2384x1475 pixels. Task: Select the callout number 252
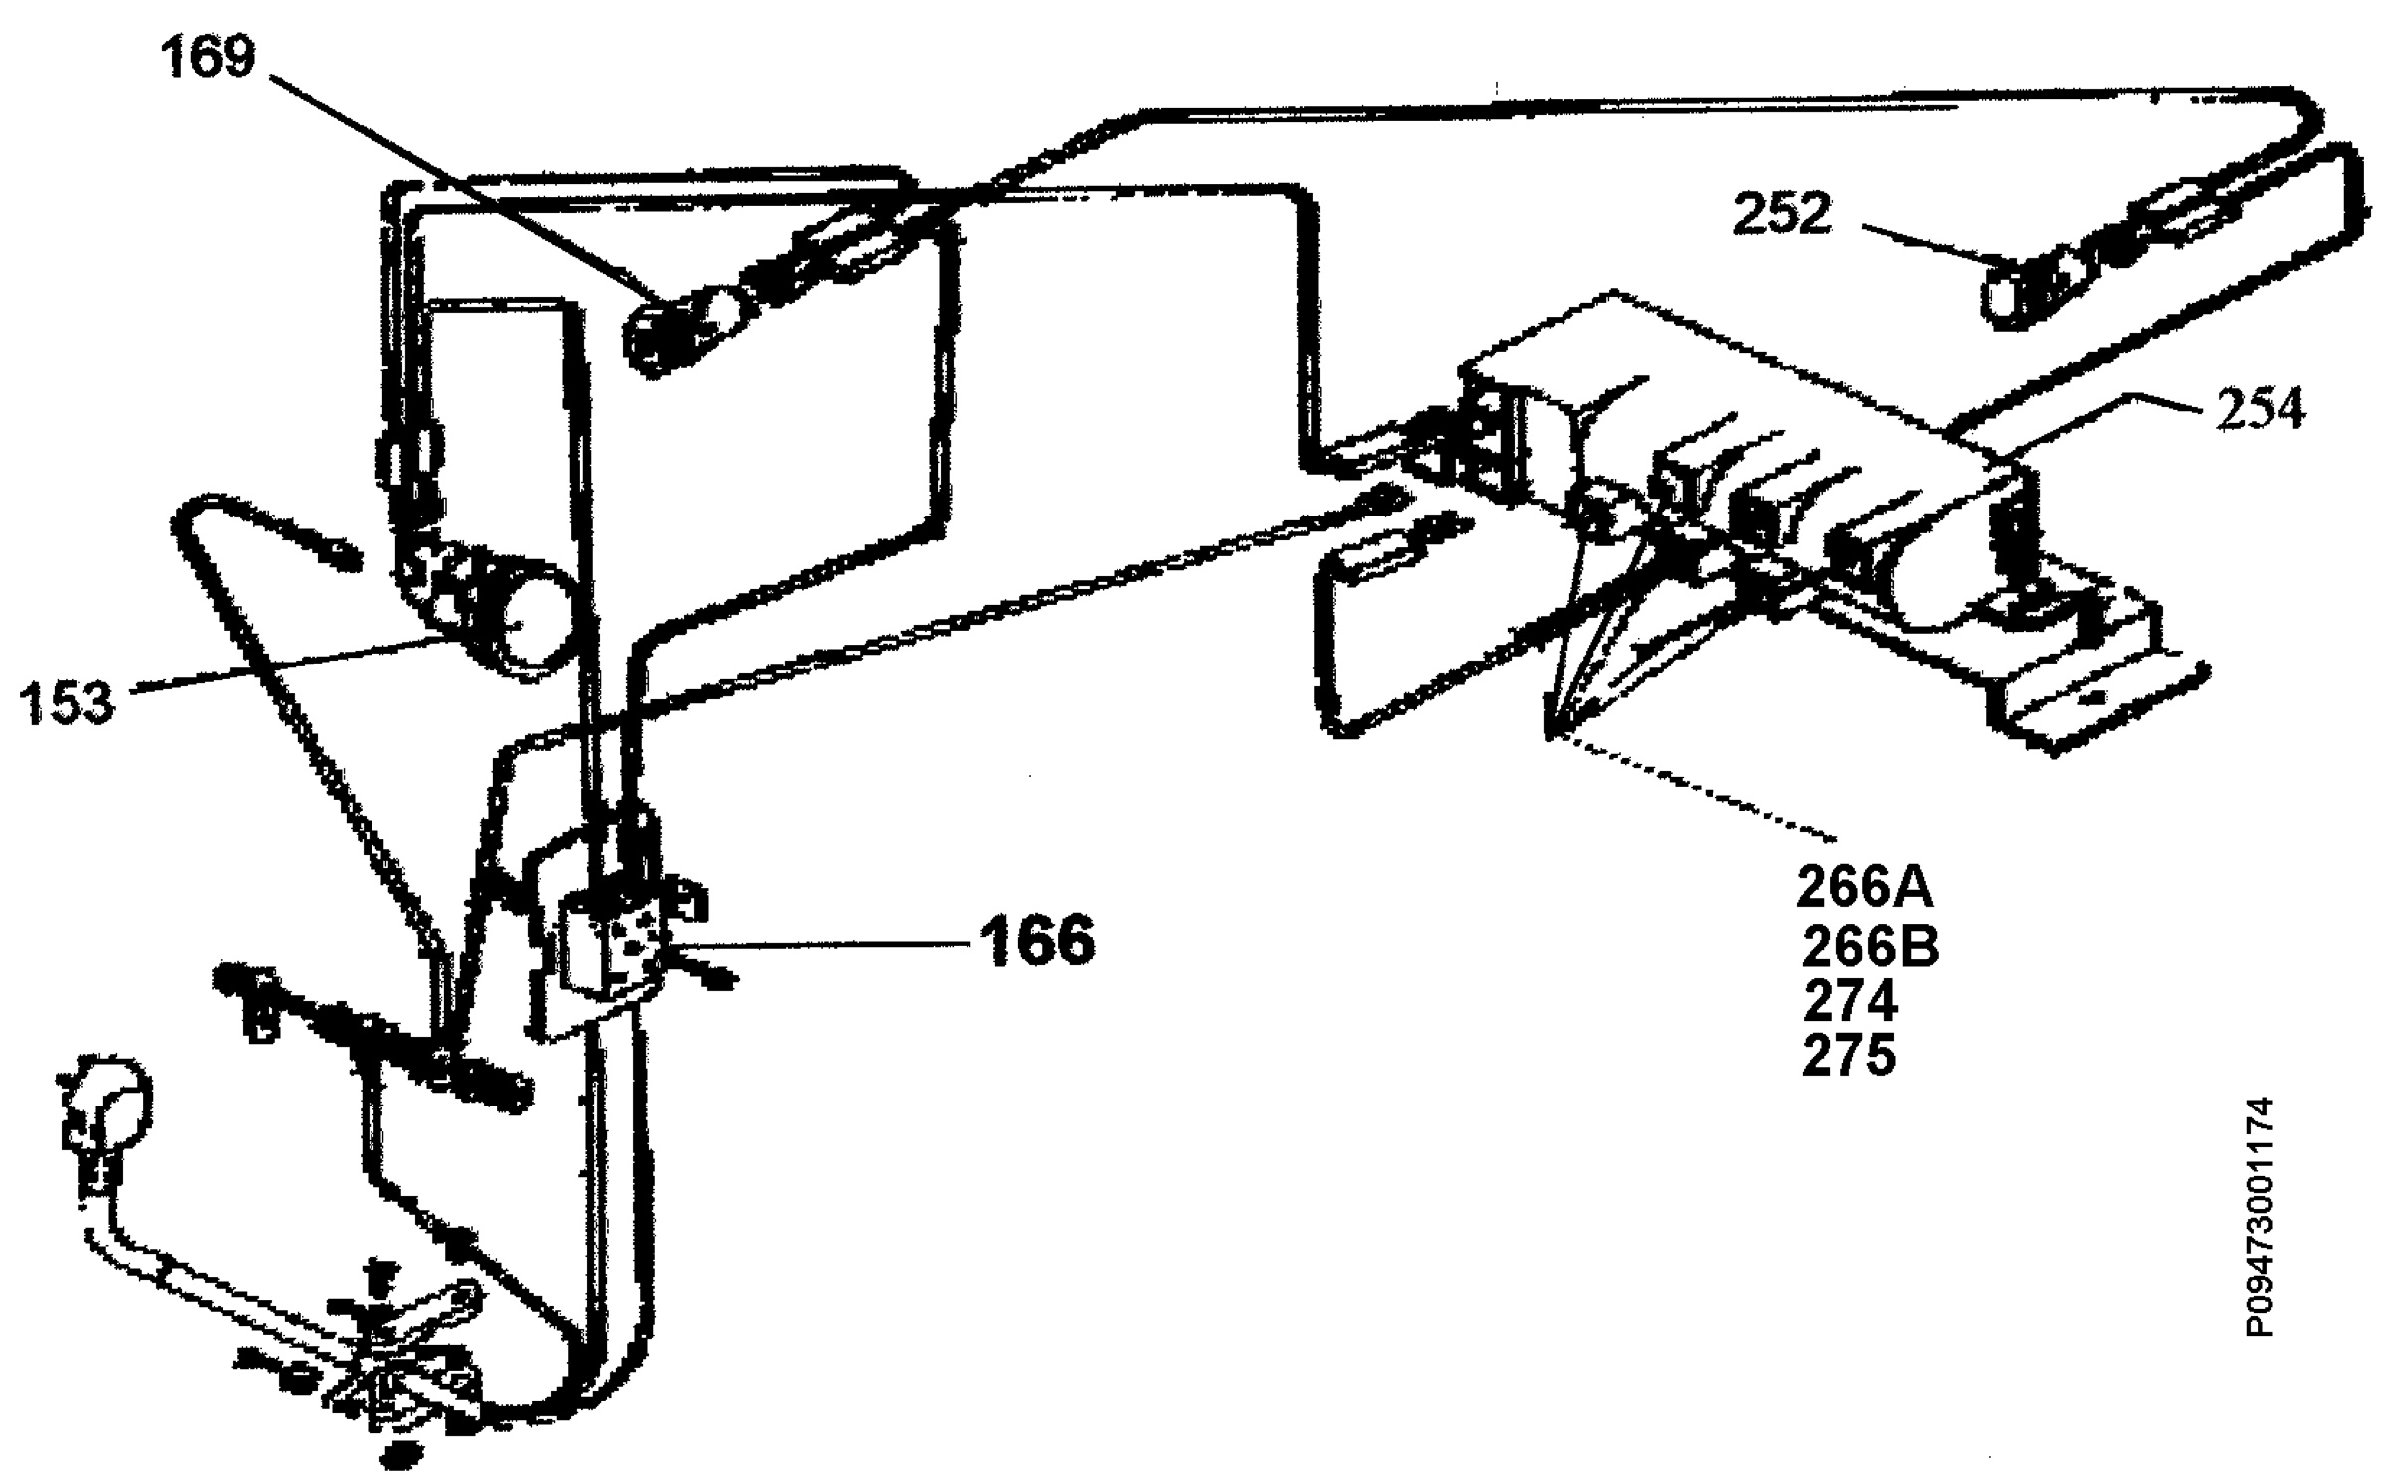(1782, 214)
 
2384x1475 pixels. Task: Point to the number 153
(69, 702)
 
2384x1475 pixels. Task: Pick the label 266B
(1870, 948)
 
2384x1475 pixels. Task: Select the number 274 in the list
(1850, 1002)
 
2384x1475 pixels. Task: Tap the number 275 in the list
(1849, 1057)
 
